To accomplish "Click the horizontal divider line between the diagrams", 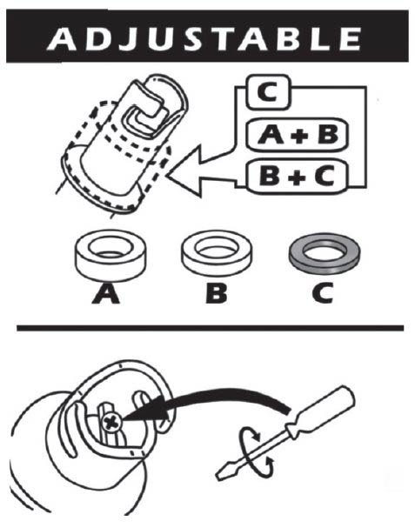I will (209, 328).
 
